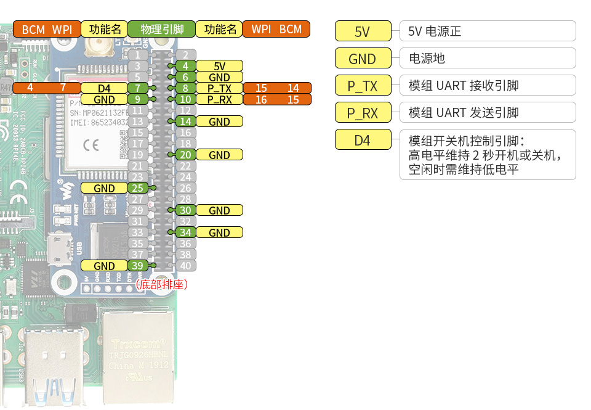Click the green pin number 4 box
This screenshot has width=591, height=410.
point(185,66)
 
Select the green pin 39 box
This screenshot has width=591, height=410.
point(138,266)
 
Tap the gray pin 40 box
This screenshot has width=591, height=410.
point(185,266)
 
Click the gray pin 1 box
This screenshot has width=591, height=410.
point(138,55)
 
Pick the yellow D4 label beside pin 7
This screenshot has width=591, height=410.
point(104,88)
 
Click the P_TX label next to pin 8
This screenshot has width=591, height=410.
point(219,88)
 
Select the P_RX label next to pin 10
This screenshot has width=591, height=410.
point(219,99)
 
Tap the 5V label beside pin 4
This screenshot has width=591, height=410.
point(219,66)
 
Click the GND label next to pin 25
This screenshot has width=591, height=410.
point(104,188)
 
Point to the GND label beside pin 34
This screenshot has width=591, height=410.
point(219,232)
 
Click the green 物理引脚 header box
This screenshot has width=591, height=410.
point(161,29)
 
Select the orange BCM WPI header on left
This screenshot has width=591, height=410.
point(47,29)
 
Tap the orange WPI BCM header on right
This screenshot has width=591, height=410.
point(276,29)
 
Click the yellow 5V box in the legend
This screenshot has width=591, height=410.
point(363,31)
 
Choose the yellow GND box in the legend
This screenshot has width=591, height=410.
point(363,59)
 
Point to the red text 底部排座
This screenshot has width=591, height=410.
point(161,284)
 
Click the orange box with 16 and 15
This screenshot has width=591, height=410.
point(277,99)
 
